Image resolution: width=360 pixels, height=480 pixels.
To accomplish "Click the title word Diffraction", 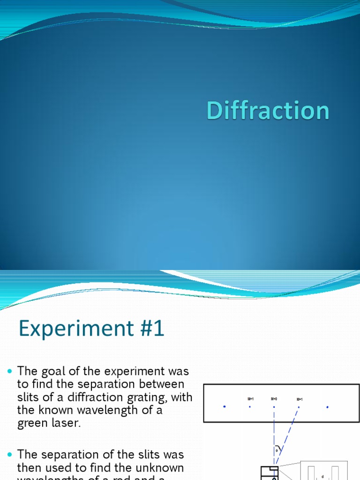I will [268, 111].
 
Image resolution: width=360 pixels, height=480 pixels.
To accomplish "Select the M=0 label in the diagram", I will [274, 399].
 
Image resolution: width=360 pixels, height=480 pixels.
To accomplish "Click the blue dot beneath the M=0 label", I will [274, 406].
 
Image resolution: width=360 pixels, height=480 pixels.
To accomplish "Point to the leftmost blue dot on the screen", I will [225, 406].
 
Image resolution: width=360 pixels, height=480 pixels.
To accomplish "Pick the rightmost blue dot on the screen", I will [327, 407].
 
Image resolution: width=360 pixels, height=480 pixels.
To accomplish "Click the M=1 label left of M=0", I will [250, 399].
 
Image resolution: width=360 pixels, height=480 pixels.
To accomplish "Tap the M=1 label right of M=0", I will [300, 399].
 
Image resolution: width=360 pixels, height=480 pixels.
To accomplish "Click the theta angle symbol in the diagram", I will [277, 450].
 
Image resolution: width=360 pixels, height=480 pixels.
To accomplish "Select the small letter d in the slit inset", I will [322, 476].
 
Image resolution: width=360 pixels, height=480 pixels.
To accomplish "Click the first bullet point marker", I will [10, 371].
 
